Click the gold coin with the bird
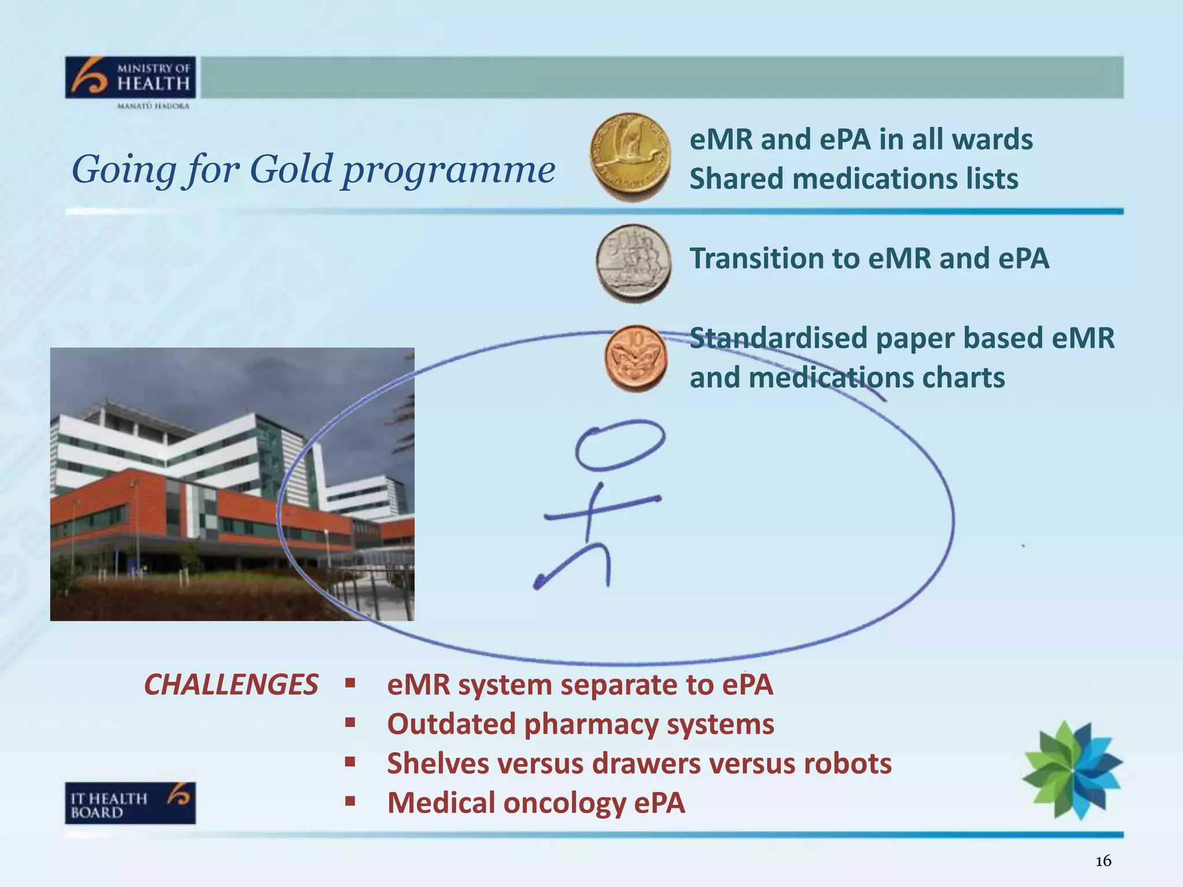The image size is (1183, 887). click(630, 156)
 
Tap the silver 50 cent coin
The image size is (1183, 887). click(634, 263)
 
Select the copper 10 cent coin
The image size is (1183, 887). click(636, 359)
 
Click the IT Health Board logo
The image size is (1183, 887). click(130, 803)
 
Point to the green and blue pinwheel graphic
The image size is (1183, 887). click(1073, 769)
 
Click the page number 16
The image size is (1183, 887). click(1103, 861)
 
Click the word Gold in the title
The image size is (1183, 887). click(291, 170)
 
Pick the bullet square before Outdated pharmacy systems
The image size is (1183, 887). click(349, 722)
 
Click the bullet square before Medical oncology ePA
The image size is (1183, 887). click(349, 802)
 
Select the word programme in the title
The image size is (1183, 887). click(448, 170)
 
